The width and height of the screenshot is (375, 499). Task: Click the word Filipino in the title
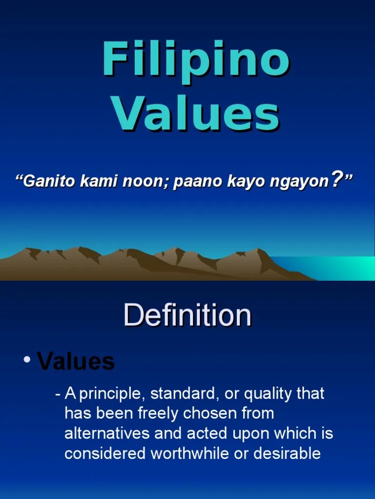coord(195,60)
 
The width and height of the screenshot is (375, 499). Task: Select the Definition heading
coord(187,315)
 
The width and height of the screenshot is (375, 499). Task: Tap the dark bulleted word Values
coord(76,362)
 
